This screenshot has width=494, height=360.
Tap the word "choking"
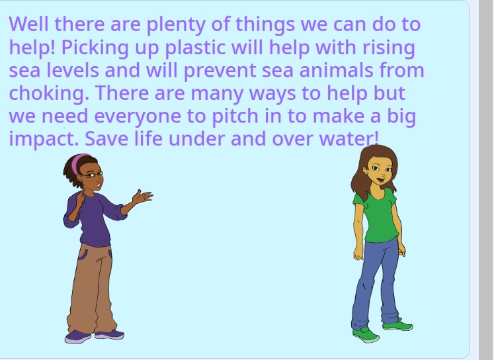point(48,94)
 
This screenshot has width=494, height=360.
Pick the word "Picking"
point(99,48)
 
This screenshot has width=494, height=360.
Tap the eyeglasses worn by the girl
point(92,175)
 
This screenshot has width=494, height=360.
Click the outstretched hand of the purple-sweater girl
point(141,197)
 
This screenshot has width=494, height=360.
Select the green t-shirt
point(378,215)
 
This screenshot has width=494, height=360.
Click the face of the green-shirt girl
point(379,173)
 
